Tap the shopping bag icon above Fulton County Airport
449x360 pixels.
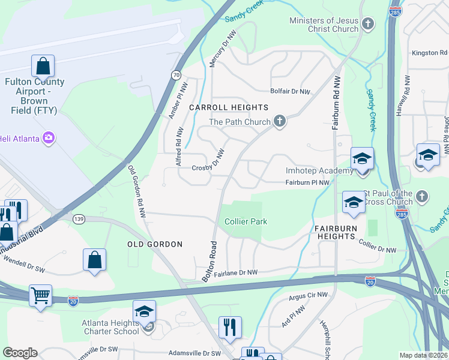[43, 66]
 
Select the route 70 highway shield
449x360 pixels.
[175, 75]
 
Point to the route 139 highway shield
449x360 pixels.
[79, 219]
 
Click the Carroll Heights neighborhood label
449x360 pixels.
[229, 107]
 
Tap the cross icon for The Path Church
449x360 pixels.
[279, 122]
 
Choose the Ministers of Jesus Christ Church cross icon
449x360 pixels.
[368, 25]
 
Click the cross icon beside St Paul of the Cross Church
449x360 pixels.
[422, 197]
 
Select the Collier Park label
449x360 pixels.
[246, 221]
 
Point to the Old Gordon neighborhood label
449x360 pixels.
[155, 244]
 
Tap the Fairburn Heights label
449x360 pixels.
[336, 232]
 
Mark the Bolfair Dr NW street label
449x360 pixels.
[290, 92]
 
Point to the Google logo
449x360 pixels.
[20, 353]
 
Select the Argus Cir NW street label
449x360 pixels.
[309, 295]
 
